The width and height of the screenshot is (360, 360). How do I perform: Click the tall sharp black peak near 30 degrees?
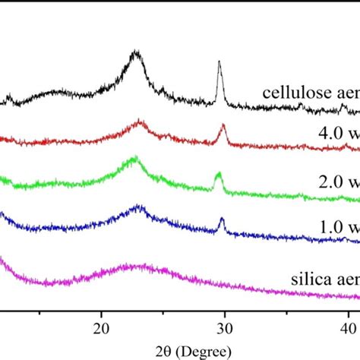pyautogui.click(x=219, y=64)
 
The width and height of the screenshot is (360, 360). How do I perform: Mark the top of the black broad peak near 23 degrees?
pyautogui.click(x=136, y=52)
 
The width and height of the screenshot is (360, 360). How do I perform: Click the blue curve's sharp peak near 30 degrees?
pyautogui.click(x=222, y=219)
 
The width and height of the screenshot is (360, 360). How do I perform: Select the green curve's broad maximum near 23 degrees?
pyautogui.click(x=134, y=159)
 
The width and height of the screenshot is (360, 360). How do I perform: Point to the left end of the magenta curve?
pyautogui.click(x=2, y=260)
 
